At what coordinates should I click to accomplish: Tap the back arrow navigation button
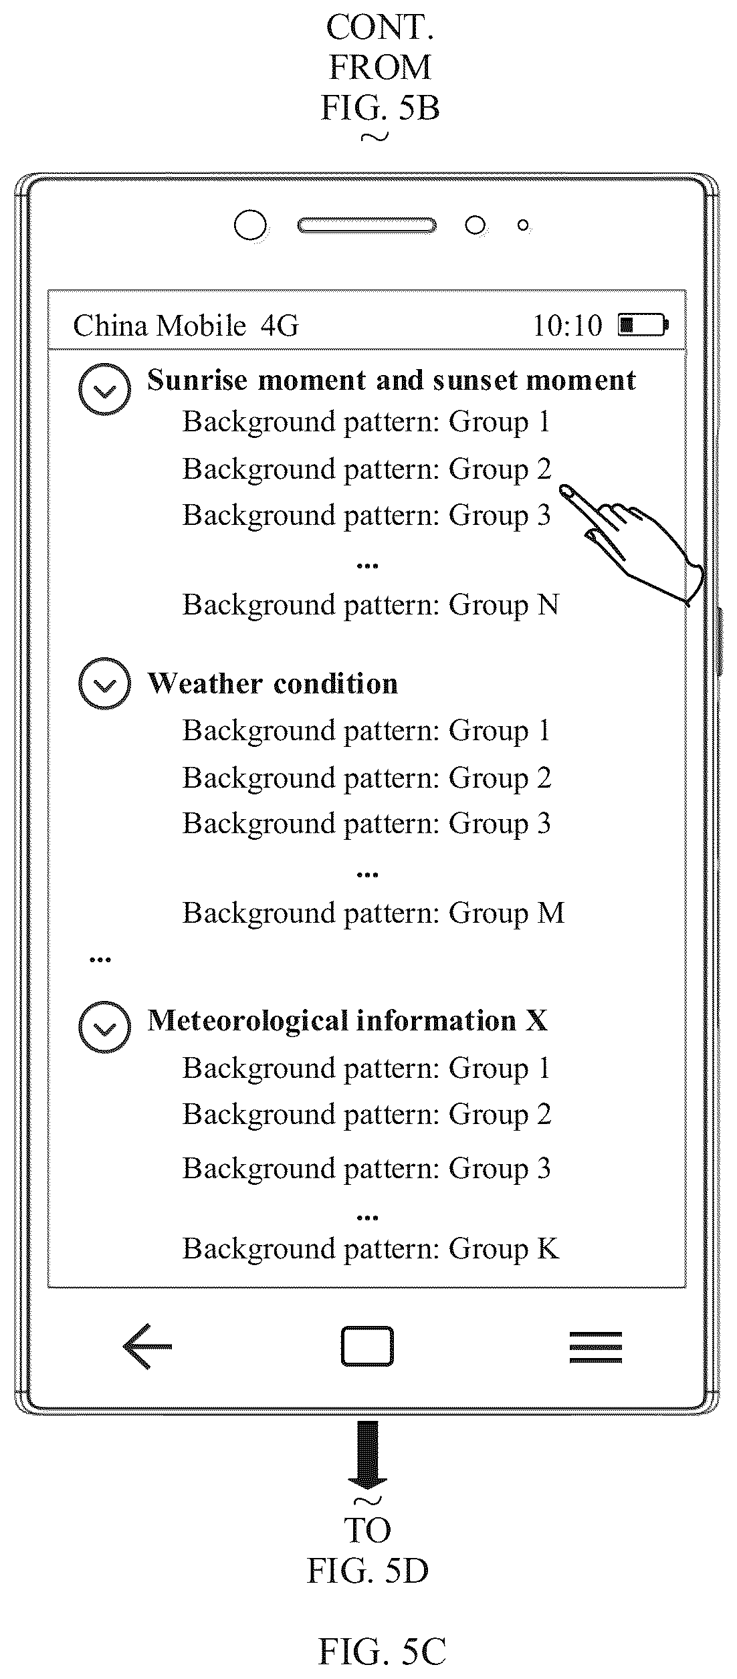[x=147, y=1346]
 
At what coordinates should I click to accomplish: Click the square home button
[x=366, y=1345]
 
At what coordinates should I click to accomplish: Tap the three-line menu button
[x=595, y=1346]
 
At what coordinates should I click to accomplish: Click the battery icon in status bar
[x=642, y=325]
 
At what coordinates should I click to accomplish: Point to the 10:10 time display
[x=567, y=326]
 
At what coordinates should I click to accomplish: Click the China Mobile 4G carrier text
[x=185, y=326]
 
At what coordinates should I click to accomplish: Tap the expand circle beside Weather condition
[x=104, y=683]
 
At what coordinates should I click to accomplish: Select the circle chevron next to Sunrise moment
[x=104, y=389]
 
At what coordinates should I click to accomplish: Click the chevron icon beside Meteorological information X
[x=104, y=1027]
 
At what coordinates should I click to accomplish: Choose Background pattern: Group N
[x=371, y=605]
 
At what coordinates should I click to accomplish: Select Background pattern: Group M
[x=373, y=913]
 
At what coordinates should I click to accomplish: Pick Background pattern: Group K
[x=371, y=1248]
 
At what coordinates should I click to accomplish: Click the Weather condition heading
[x=272, y=683]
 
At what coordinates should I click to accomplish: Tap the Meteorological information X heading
[x=347, y=1020]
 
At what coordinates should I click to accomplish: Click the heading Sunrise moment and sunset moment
[x=391, y=380]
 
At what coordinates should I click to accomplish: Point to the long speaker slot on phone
[x=366, y=225]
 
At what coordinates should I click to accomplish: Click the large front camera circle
[x=250, y=225]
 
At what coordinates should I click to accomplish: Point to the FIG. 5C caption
[x=382, y=1646]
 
